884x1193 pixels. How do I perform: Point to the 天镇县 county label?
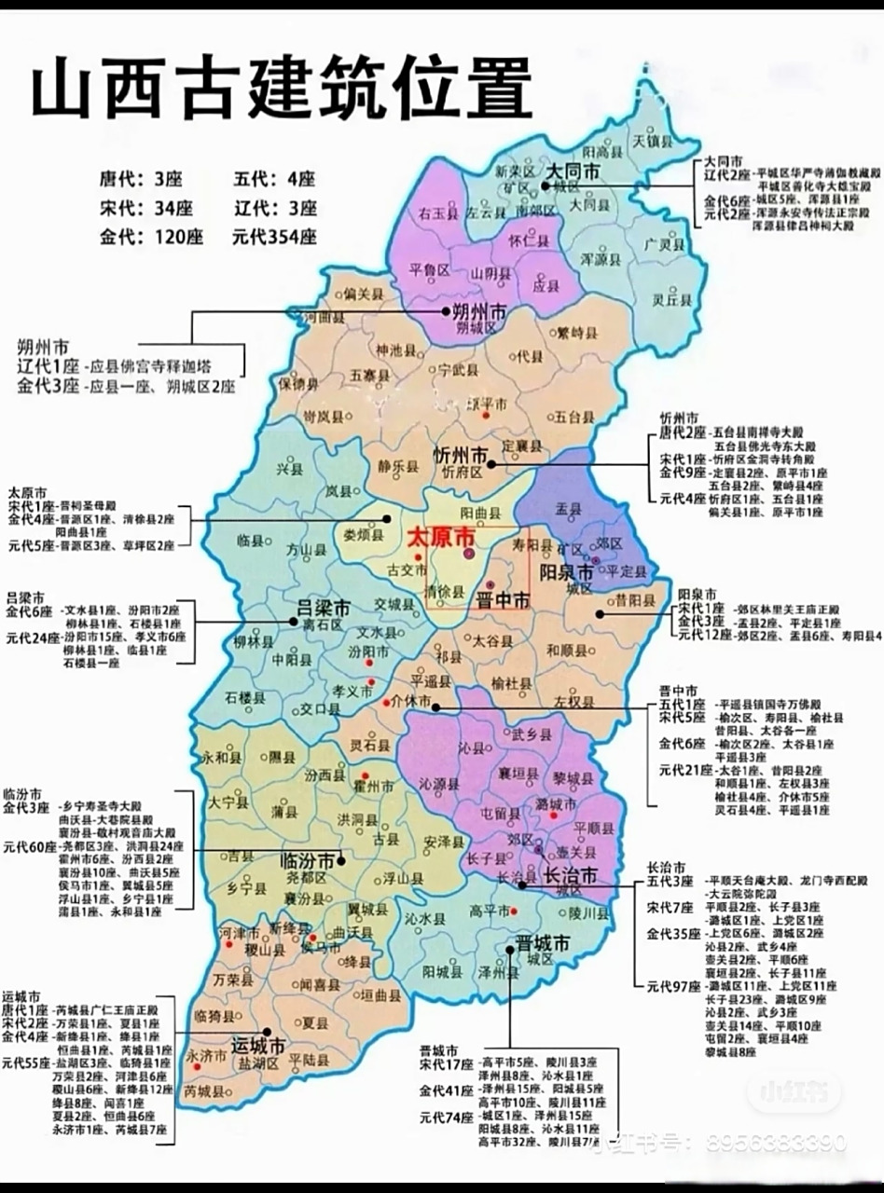(x=653, y=141)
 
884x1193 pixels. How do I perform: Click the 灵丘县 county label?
(x=671, y=300)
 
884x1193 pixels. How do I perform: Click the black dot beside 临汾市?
(x=342, y=860)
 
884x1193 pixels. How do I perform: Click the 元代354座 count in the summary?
(x=274, y=237)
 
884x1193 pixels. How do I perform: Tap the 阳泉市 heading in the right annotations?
(x=697, y=593)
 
